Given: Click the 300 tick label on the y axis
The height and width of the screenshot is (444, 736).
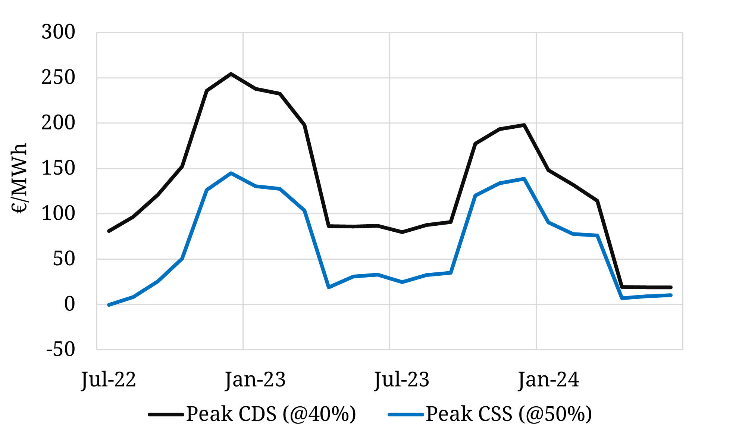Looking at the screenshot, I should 58,32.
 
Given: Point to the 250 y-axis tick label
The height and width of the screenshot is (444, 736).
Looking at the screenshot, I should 58,78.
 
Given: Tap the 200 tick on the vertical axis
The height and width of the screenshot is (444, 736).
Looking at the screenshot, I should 58,123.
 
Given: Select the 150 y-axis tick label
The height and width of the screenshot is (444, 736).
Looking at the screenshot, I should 58,168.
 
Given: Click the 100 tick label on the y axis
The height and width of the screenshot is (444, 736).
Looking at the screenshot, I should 58,214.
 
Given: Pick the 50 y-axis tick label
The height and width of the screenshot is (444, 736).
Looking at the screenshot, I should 64,259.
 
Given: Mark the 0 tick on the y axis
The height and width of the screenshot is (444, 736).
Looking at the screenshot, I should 69,304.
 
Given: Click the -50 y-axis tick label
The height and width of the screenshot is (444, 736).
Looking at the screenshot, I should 61,350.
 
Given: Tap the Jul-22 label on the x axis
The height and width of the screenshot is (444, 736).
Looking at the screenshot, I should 109,380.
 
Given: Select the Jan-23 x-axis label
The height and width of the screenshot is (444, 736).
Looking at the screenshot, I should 255,380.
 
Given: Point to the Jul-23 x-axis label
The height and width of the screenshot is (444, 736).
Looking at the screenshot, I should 402,380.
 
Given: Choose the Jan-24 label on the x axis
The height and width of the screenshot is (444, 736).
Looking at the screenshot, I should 548,380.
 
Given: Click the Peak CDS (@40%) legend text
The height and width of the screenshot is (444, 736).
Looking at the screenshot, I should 271,414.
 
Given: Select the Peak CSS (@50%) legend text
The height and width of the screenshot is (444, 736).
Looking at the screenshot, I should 509,414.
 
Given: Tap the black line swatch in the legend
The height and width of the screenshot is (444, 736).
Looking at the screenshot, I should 166,415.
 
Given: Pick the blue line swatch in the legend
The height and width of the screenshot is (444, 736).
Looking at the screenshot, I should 406,415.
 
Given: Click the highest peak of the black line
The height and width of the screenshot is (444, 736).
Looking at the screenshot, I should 231,74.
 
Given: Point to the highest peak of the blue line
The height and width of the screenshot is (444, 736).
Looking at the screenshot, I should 231,173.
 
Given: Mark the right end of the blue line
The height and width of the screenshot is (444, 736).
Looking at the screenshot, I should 671,295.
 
